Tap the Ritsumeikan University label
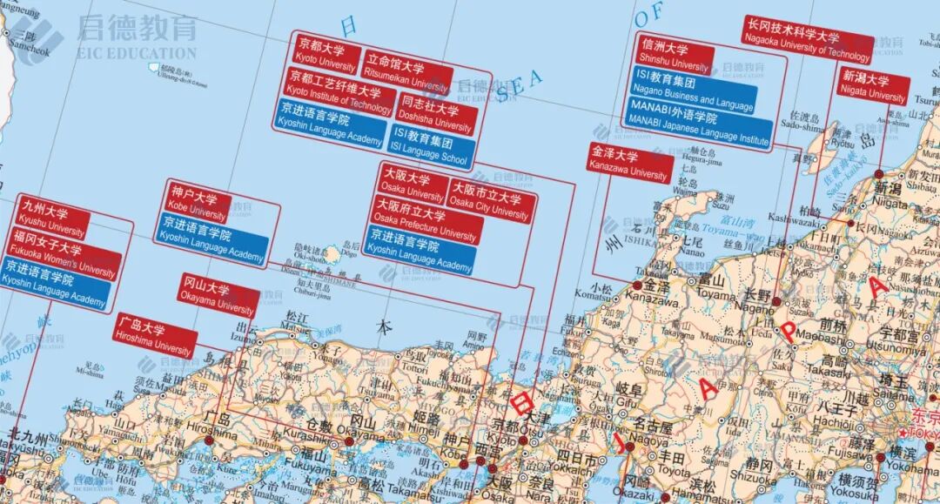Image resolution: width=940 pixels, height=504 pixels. click(406, 76)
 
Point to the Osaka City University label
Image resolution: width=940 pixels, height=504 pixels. click(490, 200)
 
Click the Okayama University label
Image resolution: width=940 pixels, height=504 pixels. click(218, 299)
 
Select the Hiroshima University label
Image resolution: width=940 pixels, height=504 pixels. click(153, 338)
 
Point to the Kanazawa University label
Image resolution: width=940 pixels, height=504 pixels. click(629, 164)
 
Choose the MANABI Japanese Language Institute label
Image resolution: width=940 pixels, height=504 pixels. click(699, 127)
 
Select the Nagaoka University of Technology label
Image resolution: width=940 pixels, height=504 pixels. click(807, 44)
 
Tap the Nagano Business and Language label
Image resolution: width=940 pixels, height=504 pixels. click(692, 92)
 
